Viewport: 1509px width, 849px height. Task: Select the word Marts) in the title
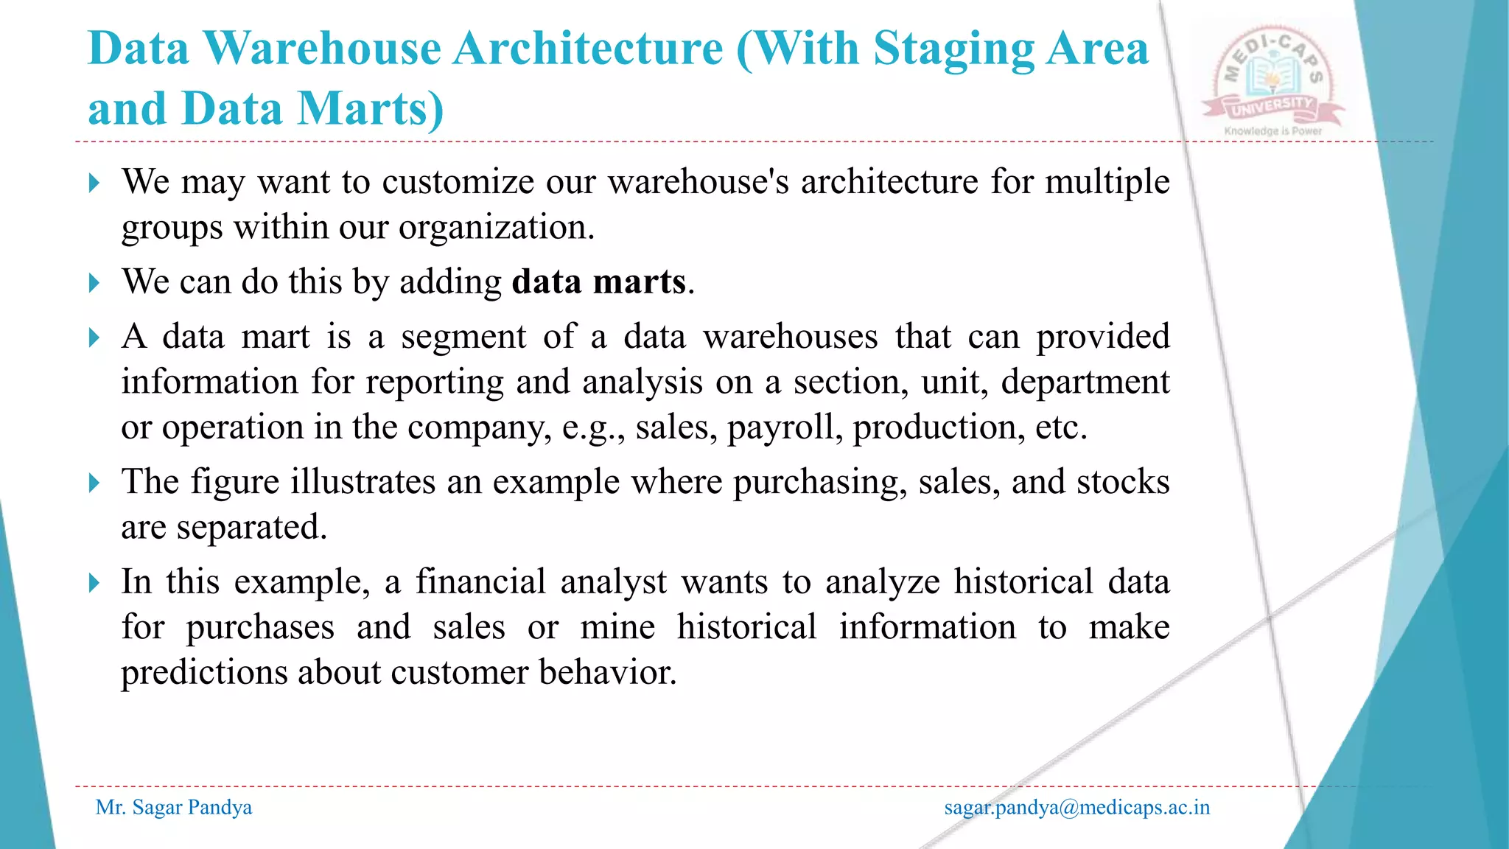(x=371, y=109)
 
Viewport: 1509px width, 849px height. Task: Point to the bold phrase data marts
(x=599, y=282)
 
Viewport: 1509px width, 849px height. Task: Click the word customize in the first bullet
(x=458, y=182)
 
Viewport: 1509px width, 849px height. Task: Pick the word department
(x=1085, y=382)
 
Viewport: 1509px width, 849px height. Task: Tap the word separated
(x=251, y=527)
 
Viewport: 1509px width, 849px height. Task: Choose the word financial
(x=480, y=581)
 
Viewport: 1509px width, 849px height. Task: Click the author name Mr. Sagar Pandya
(x=174, y=808)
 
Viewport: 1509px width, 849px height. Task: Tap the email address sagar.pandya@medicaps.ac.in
(x=1076, y=808)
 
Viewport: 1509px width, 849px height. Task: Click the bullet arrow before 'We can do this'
(x=94, y=283)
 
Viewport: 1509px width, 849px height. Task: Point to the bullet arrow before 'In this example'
(x=94, y=583)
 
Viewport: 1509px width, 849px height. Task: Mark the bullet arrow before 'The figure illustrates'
(x=94, y=483)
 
